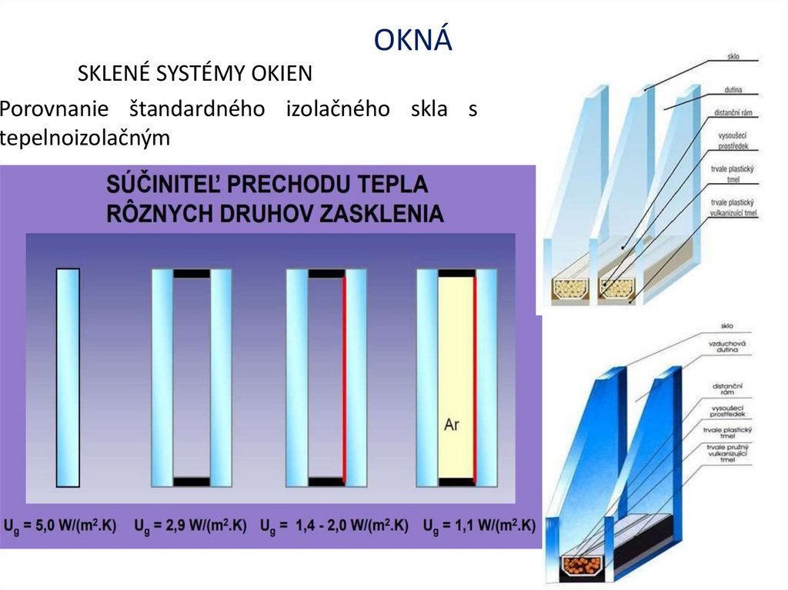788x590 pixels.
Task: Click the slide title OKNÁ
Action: [413, 40]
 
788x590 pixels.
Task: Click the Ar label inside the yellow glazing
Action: [452, 424]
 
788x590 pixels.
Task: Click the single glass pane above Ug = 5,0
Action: [68, 377]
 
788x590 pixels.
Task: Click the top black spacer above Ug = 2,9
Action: [192, 273]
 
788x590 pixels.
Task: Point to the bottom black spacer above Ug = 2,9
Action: [192, 482]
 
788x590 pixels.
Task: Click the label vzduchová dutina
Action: [723, 345]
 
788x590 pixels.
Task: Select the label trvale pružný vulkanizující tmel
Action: [726, 454]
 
